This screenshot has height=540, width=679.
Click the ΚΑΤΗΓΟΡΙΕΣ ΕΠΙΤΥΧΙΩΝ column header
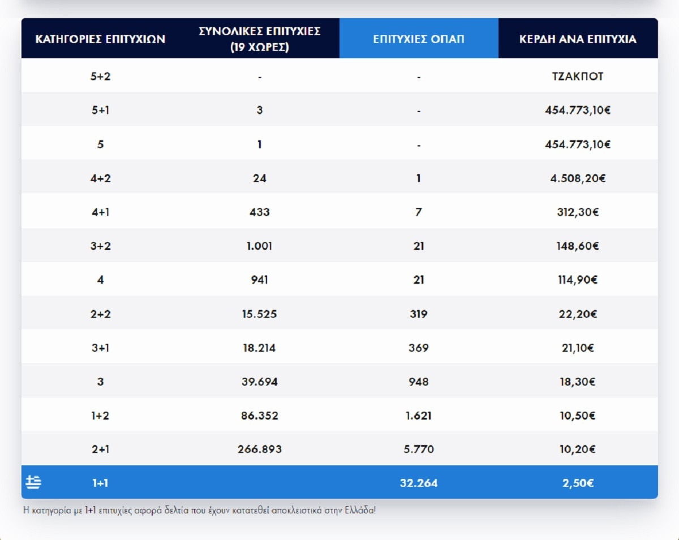click(x=100, y=39)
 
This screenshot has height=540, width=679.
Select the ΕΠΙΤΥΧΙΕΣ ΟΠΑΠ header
click(x=419, y=39)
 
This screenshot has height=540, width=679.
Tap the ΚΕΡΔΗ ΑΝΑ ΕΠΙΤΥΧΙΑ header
click(x=578, y=39)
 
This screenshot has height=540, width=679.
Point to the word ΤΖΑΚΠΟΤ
click(x=578, y=76)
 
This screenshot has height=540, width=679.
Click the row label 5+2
click(x=100, y=76)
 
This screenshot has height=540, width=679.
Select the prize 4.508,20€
click(x=578, y=178)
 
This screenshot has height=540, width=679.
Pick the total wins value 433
click(x=259, y=212)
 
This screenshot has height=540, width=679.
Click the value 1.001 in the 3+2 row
click(x=259, y=246)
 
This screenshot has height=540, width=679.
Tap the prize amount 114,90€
click(x=578, y=280)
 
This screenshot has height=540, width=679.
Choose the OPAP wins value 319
click(x=419, y=314)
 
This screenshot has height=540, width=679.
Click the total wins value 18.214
click(x=259, y=348)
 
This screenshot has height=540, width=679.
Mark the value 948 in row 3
click(x=419, y=382)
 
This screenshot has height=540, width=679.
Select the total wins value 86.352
click(x=259, y=416)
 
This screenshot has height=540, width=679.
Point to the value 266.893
click(x=259, y=450)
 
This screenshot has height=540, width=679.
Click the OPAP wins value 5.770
click(x=419, y=450)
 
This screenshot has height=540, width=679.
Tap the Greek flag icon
click(x=33, y=482)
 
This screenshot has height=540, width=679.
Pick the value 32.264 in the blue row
click(x=419, y=483)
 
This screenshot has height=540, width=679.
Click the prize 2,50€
click(x=578, y=483)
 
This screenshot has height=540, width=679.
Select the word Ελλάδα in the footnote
click(x=360, y=510)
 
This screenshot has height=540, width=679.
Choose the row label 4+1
click(x=100, y=212)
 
